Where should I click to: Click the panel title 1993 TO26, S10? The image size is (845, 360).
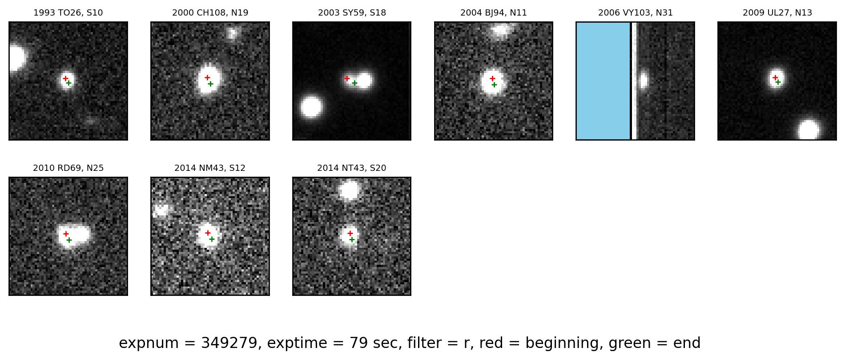pos(68,13)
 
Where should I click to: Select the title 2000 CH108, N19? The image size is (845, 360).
pos(210,13)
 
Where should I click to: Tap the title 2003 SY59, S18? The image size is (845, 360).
pos(352,13)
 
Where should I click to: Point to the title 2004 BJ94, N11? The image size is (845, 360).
pos(494,13)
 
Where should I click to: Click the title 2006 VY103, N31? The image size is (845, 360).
pos(635,13)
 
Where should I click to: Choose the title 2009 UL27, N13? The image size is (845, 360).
pos(777,13)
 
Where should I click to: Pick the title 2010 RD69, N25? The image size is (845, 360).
pos(68,168)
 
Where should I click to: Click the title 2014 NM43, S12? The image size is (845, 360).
pos(210,168)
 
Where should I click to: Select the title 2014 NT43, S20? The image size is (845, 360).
pos(352,168)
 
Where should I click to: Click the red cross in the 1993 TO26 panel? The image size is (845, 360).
pos(65,78)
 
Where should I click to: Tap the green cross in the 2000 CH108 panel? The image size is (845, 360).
pos(210,84)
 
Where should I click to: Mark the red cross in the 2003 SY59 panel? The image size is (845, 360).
pos(347,78)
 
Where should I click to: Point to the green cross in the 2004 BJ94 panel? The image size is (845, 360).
pos(494,85)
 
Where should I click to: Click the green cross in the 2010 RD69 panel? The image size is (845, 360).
pos(69,240)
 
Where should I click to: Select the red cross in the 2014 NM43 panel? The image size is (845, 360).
pos(208,233)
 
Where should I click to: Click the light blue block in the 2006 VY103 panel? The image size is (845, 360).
pos(604,81)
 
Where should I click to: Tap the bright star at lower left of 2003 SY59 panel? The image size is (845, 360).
pos(311,107)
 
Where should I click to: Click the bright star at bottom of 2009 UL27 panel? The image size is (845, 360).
pos(808,129)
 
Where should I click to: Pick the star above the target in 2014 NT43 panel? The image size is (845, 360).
pos(349,190)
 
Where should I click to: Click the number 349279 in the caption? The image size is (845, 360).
pos(229,343)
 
